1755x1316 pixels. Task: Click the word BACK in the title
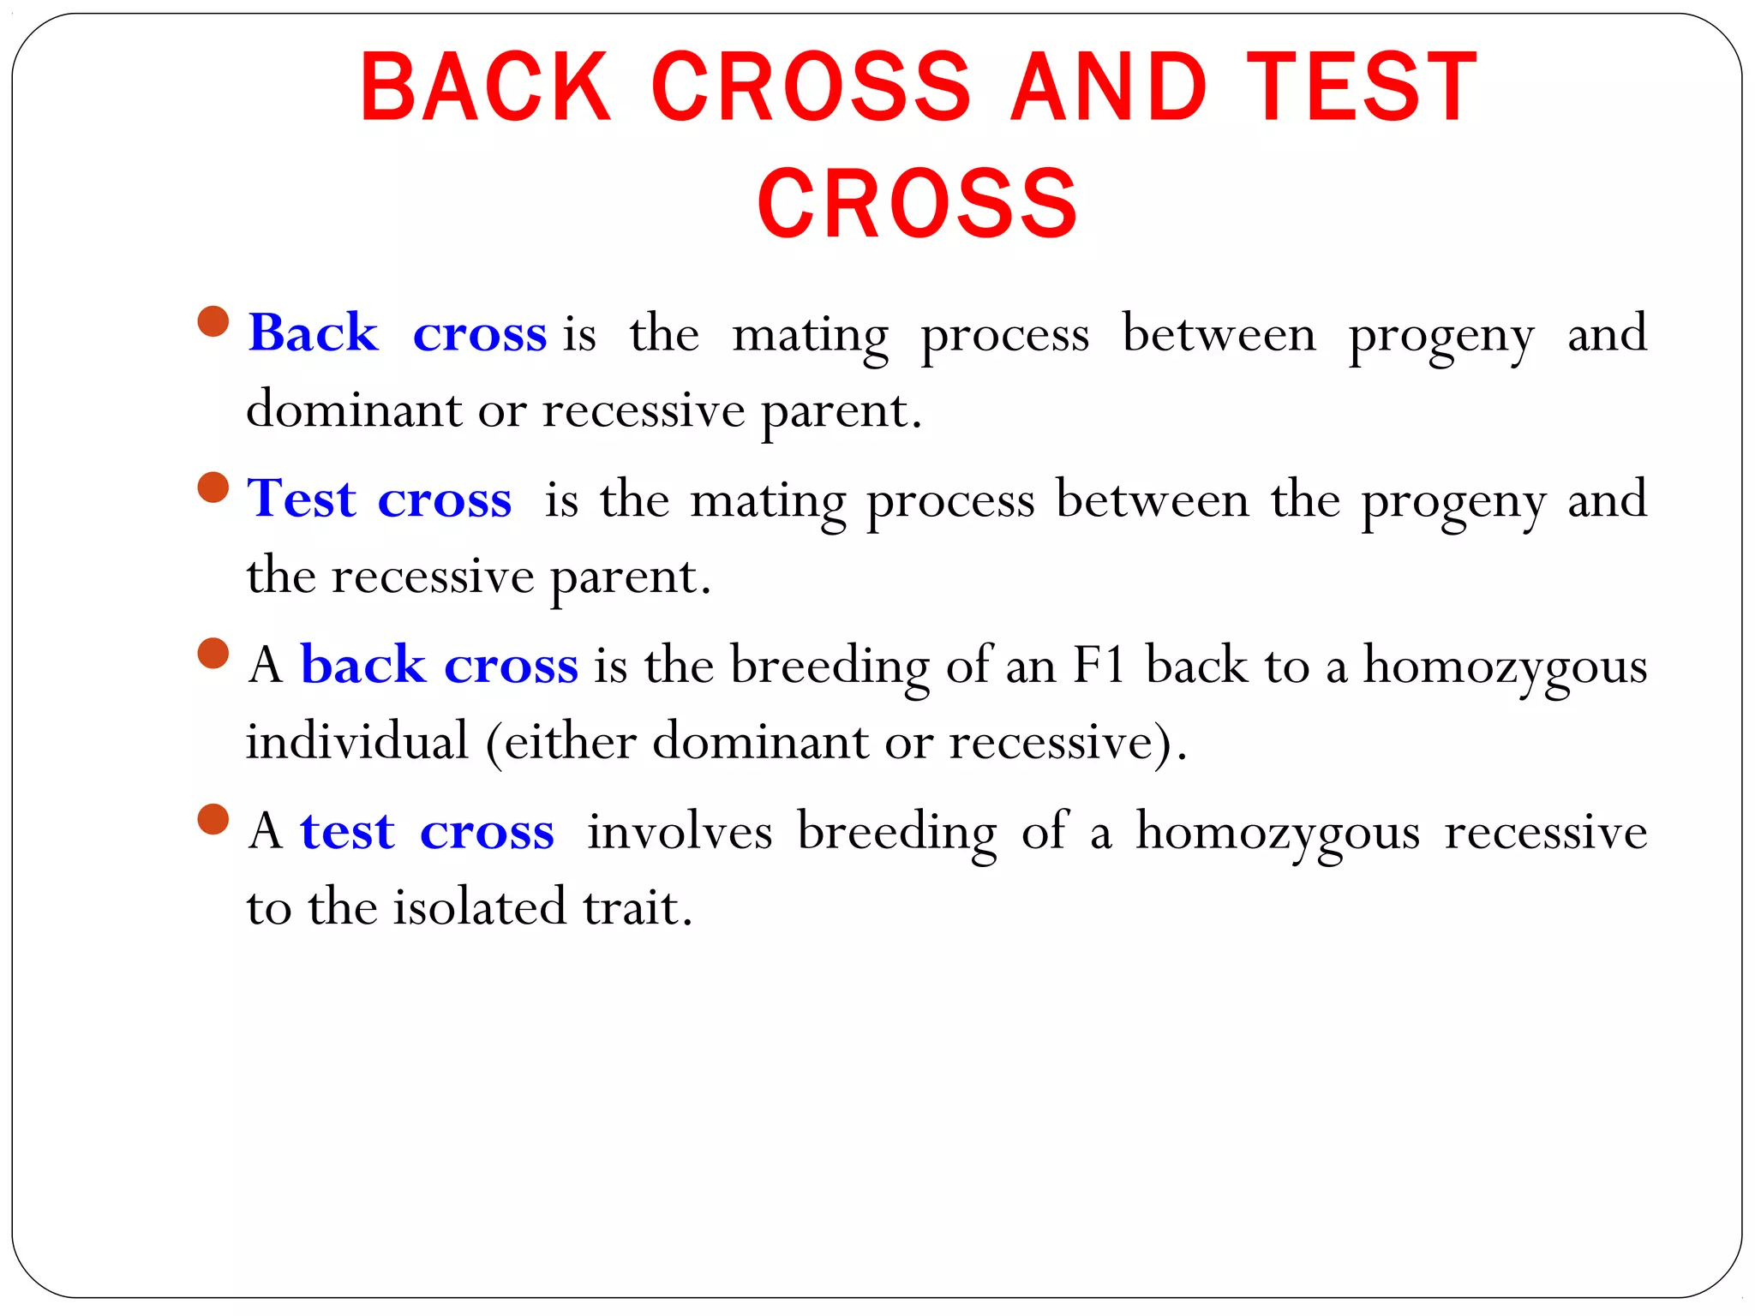(485, 87)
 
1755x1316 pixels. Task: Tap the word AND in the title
(1109, 87)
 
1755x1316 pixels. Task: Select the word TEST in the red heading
(1362, 87)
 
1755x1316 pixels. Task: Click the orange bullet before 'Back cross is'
(213, 322)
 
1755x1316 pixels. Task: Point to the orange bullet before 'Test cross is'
(213, 488)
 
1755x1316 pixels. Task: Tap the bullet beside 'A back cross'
(213, 653)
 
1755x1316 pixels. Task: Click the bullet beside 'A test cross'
(213, 819)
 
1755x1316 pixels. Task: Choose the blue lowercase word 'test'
(347, 830)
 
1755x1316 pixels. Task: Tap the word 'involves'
(680, 830)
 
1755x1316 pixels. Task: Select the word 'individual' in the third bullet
(357, 741)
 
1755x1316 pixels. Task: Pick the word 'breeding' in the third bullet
(830, 667)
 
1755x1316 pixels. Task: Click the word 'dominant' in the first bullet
(353, 410)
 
